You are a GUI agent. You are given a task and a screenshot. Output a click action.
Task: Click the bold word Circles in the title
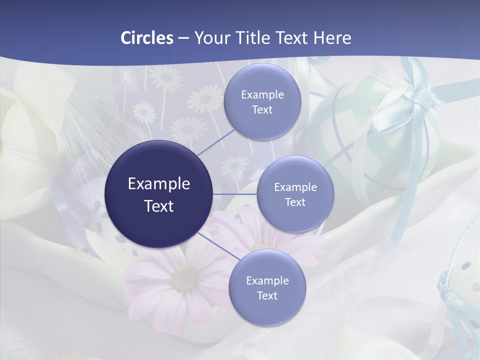[x=147, y=38]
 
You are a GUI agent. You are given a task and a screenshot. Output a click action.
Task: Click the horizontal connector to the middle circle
[x=235, y=194]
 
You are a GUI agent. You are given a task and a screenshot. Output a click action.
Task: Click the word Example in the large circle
[x=158, y=183]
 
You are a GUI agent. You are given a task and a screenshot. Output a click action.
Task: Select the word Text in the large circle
[x=158, y=206]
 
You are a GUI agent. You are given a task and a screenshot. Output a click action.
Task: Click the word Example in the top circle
[x=262, y=94]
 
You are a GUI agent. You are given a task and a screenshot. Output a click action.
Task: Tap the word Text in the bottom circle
[x=267, y=295]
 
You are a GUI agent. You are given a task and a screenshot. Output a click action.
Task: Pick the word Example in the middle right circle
[x=295, y=187]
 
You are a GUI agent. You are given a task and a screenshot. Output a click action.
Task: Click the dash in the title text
[x=183, y=38]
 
